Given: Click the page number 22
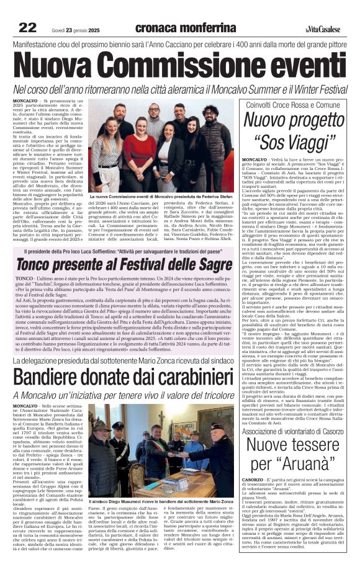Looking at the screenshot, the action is (28, 27).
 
